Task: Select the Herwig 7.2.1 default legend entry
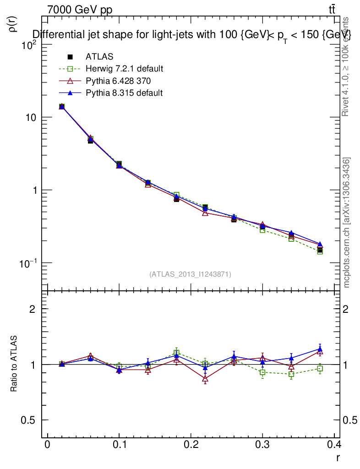124,69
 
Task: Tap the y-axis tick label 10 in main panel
31,117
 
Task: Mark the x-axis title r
338,458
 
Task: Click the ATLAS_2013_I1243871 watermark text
190,274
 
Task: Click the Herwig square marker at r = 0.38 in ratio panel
320,369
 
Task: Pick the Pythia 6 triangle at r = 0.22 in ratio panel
205,379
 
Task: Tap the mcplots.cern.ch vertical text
347,223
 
